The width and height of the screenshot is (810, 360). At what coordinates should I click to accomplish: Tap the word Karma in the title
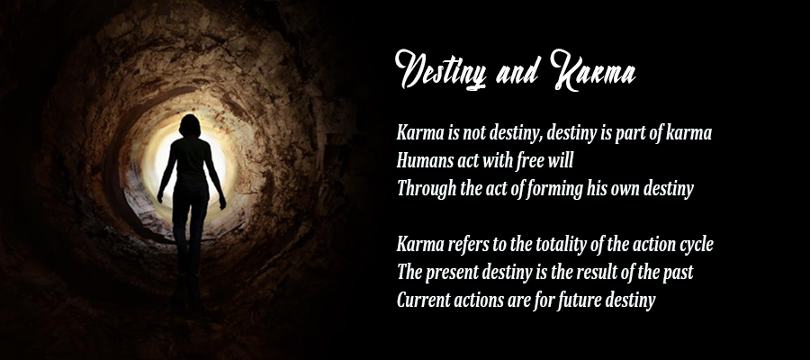tap(593, 70)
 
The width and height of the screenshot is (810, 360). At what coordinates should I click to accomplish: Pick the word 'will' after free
tap(561, 160)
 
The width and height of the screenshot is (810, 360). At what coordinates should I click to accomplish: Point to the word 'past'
tap(678, 273)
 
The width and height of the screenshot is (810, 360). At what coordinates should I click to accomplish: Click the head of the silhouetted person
tap(190, 125)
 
